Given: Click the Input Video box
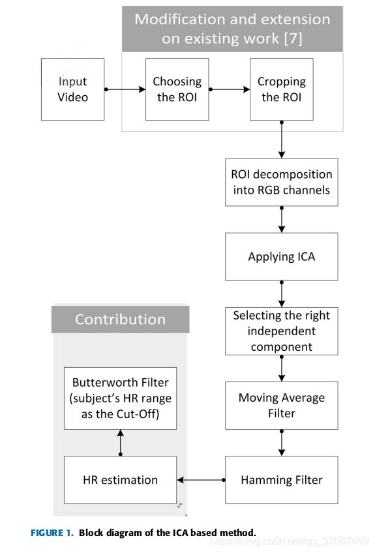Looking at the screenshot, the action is click(72, 89).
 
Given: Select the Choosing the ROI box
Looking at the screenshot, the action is click(177, 89).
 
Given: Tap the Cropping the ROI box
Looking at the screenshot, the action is click(282, 89).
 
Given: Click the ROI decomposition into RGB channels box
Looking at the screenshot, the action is click(282, 182).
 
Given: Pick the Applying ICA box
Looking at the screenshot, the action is click(282, 256).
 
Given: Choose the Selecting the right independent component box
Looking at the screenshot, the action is click(282, 331).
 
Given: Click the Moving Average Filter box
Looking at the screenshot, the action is click(282, 405).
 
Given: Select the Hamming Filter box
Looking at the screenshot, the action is click(282, 480).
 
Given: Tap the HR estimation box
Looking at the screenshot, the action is click(120, 480).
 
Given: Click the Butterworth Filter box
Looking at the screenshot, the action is click(120, 398).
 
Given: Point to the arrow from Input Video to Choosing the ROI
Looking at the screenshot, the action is click(125, 89).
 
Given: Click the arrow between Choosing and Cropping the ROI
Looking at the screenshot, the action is click(230, 89).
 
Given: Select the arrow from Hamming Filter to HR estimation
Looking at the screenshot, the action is click(201, 480).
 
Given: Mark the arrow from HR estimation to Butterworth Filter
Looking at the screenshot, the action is click(120, 443).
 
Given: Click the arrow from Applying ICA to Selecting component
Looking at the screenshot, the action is click(282, 293).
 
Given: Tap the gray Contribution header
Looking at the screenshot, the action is click(120, 319).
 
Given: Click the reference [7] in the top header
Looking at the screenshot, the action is click(293, 38).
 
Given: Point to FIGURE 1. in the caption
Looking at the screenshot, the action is click(52, 533).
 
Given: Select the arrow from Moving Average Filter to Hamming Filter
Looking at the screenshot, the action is click(282, 443).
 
